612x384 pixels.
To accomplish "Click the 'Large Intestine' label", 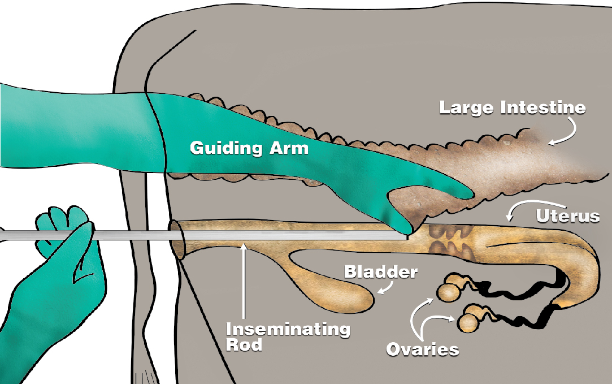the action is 513,108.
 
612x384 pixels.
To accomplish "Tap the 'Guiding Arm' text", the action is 249,148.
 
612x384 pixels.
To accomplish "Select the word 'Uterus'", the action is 567,216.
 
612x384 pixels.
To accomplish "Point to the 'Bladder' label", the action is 380,271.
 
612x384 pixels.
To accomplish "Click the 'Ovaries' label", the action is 423,350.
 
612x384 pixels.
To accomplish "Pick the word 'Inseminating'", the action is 288,329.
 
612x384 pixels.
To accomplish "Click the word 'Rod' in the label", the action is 244,345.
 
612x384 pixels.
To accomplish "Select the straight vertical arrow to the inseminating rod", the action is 244,281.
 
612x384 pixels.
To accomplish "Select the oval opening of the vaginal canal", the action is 176,239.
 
